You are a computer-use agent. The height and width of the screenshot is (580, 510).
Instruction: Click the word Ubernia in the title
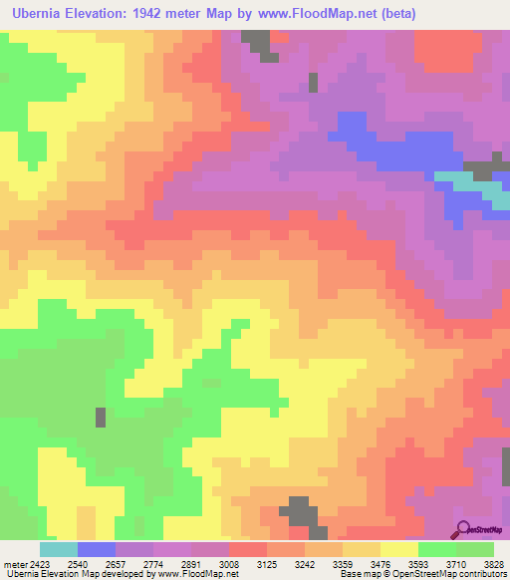(41, 13)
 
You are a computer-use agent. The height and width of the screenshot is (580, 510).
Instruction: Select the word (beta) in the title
(393, 13)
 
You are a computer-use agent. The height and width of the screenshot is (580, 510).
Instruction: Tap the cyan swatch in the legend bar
(58, 549)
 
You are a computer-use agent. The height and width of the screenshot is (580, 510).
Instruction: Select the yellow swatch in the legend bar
(398, 549)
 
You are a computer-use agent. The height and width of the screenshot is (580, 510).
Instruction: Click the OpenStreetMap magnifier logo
(464, 530)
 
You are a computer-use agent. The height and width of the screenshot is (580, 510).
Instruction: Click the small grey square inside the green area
(100, 417)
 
